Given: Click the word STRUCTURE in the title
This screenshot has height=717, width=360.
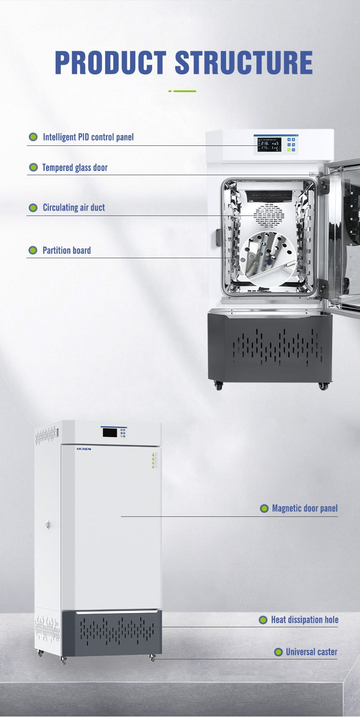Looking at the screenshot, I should pyautogui.click(x=243, y=62).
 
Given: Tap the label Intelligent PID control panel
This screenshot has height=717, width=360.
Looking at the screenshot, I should pyautogui.click(x=88, y=137).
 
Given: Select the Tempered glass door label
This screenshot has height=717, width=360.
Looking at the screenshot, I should pyautogui.click(x=75, y=167).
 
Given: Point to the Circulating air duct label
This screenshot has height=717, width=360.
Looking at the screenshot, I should pyautogui.click(x=74, y=208).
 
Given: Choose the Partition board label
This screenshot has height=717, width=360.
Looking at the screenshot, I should pyautogui.click(x=67, y=251).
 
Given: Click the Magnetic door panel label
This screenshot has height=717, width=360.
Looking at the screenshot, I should pyautogui.click(x=305, y=508).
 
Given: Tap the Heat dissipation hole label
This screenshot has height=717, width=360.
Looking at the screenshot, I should pyautogui.click(x=305, y=620).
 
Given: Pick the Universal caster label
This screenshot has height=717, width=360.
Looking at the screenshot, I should pyautogui.click(x=312, y=652).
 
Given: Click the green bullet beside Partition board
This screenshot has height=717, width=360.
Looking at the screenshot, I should pyautogui.click(x=33, y=251).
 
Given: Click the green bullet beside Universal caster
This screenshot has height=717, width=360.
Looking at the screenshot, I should pyautogui.click(x=278, y=652).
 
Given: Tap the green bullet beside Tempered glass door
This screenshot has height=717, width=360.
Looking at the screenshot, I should pyautogui.click(x=33, y=167).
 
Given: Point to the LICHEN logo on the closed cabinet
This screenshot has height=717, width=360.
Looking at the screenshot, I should pyautogui.click(x=84, y=449).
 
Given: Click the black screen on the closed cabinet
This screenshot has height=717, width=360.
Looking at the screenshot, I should pyautogui.click(x=110, y=432).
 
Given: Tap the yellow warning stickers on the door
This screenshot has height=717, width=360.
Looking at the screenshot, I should pyautogui.click(x=155, y=459).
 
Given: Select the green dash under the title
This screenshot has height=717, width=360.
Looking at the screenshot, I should pyautogui.click(x=184, y=91).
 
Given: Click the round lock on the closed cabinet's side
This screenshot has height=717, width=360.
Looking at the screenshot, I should pyautogui.click(x=48, y=525).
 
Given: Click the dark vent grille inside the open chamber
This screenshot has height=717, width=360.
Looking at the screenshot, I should pyautogui.click(x=268, y=195).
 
